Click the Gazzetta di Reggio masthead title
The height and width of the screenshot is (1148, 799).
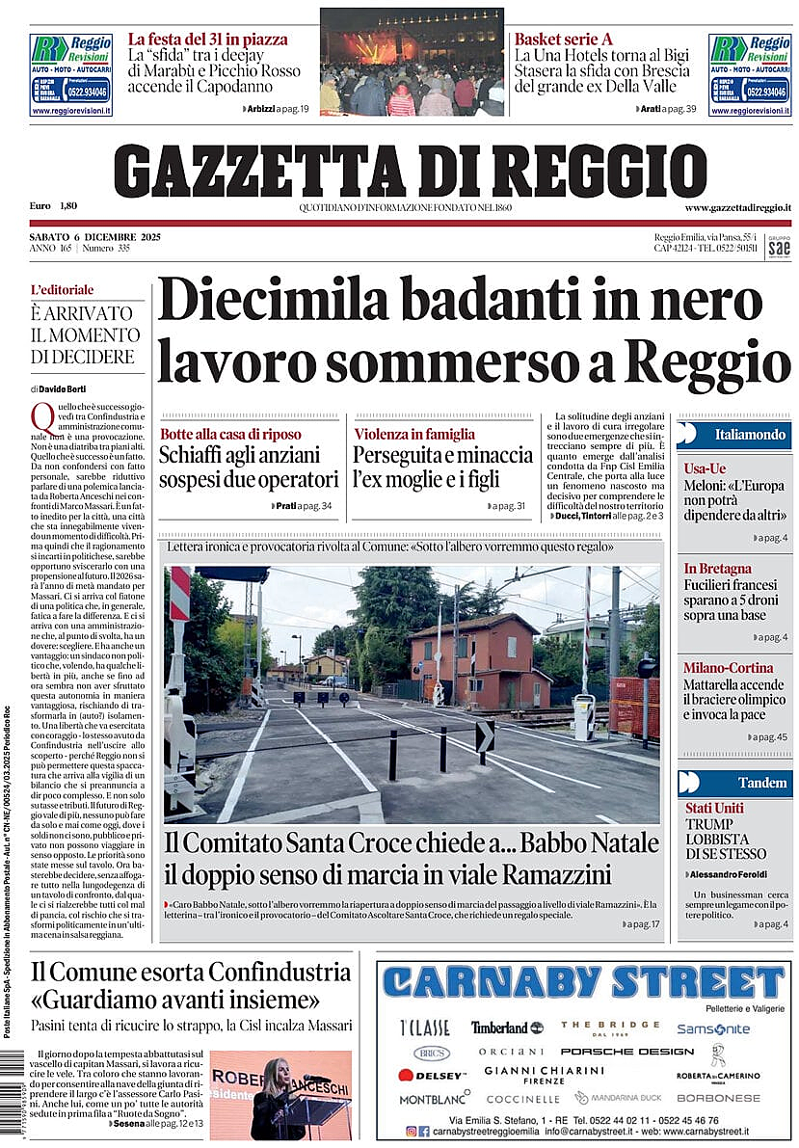pos(410,170)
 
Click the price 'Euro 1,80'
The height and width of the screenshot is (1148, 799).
pos(53,206)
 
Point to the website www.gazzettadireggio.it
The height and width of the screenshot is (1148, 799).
pos(737,207)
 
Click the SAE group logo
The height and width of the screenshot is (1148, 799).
pos(779,247)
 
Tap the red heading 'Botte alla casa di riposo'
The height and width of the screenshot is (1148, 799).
pos(230,434)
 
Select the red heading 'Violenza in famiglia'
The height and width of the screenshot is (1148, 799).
pos(414,434)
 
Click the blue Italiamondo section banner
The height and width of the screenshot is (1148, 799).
pos(734,435)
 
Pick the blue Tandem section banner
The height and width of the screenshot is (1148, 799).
pos(734,783)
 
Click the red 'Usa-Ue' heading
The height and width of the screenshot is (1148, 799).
pos(705,467)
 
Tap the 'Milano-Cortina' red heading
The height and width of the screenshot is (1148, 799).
pos(728,667)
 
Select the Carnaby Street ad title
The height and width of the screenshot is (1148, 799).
pos(583,982)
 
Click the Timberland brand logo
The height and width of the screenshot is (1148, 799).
pos(506,1028)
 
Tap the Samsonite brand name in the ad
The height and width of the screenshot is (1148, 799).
pos(712,1028)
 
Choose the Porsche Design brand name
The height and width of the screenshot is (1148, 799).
pos(613,1052)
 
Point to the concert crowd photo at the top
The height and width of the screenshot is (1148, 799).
pos(412,63)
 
